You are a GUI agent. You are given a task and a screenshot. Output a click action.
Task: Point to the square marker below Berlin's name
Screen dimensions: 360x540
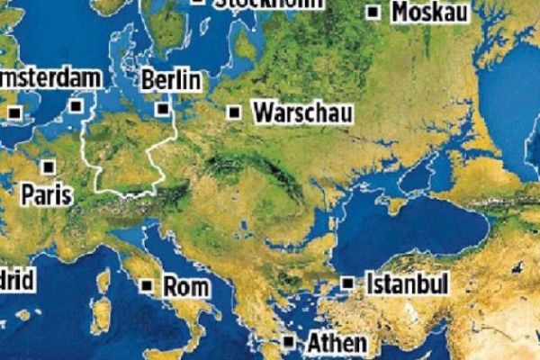163,109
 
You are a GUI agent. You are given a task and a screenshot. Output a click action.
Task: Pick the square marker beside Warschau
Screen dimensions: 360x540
234,112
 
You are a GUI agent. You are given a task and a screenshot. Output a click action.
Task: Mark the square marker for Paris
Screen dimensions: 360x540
49,166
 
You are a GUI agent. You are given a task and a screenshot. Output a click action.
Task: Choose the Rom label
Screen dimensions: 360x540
186,287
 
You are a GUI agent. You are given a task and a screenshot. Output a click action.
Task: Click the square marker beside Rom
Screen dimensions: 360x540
148,286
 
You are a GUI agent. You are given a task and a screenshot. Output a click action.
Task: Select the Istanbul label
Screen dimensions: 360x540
407,284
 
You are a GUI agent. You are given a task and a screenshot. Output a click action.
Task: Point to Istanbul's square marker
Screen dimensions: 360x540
348,283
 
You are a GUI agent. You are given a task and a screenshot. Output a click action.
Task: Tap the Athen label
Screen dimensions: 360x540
337,343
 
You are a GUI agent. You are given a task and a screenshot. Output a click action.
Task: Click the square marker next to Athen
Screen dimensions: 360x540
289,342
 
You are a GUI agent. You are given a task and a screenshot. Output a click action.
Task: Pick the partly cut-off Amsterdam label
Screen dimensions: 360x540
49,78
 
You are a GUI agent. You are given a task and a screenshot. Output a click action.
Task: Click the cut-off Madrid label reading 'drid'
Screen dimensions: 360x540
17,280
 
